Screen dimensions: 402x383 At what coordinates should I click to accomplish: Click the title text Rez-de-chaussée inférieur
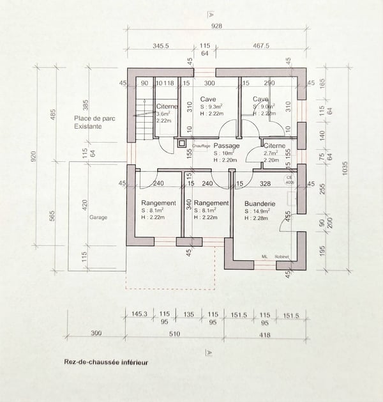(x=106, y=362)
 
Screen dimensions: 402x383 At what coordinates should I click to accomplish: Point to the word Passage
(x=227, y=146)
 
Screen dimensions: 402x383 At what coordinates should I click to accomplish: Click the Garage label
(x=98, y=217)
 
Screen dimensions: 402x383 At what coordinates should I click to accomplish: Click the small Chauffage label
(x=201, y=146)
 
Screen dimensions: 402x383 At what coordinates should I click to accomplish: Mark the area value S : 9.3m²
(x=211, y=107)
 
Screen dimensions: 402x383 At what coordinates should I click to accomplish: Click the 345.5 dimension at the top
(x=161, y=46)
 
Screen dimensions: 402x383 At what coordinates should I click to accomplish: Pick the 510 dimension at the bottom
(x=174, y=334)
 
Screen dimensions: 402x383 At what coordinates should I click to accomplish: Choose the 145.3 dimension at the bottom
(x=139, y=314)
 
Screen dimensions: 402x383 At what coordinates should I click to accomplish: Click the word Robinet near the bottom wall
(x=282, y=256)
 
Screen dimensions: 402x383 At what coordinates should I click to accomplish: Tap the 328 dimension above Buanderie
(x=266, y=184)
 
